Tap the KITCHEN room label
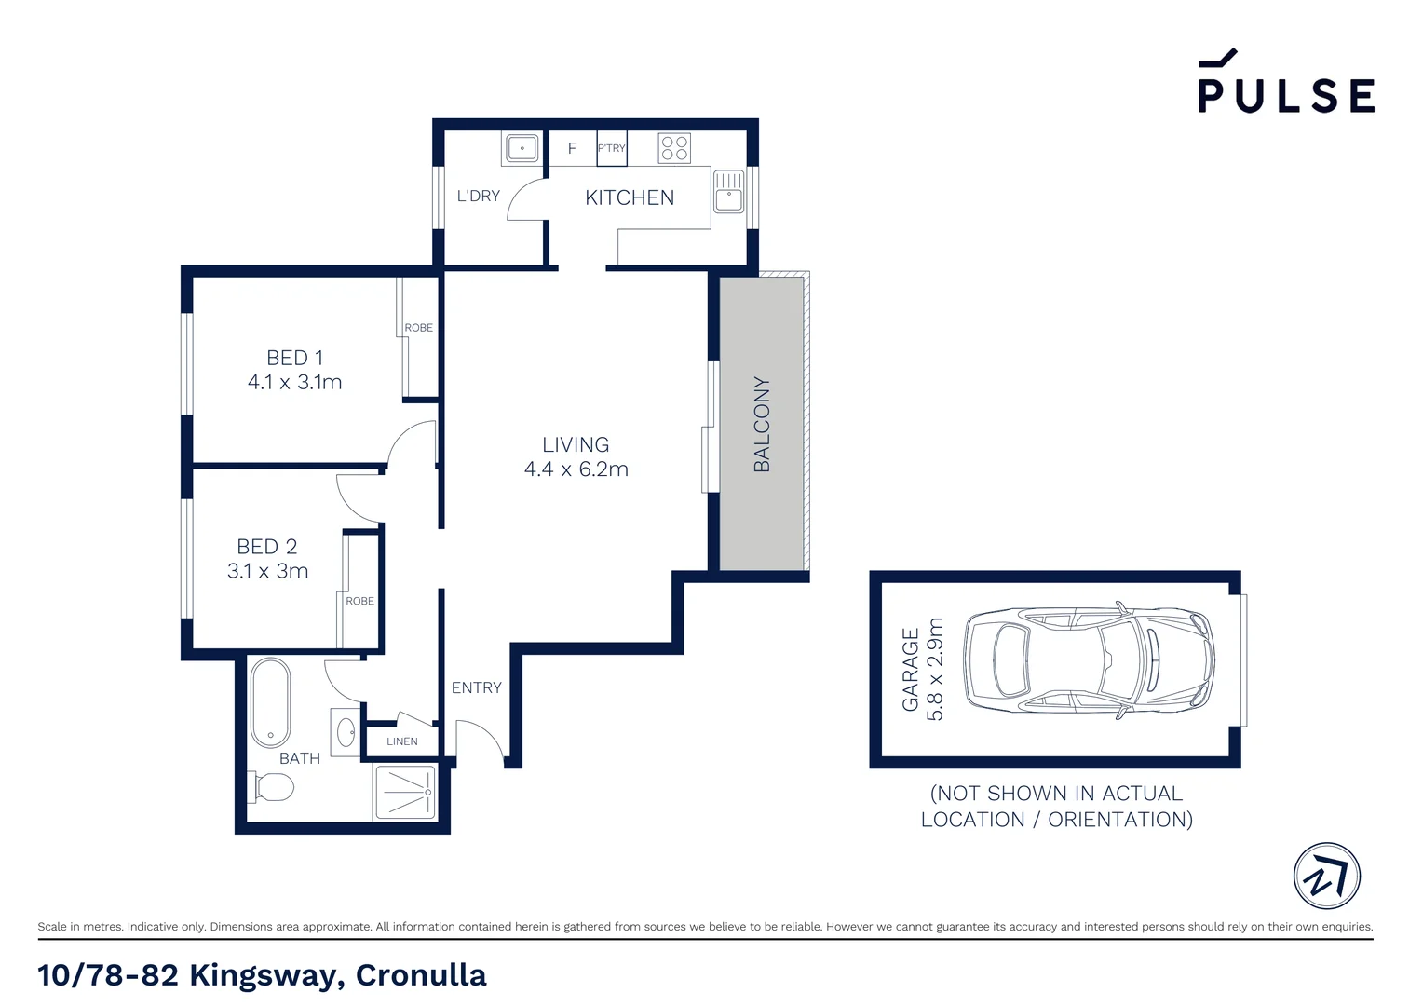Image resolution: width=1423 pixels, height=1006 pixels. (x=630, y=197)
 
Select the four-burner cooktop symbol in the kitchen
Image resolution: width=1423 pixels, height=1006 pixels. (x=674, y=148)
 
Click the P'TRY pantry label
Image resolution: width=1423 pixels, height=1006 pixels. (x=611, y=148)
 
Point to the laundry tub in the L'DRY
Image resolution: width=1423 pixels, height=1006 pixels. (x=522, y=148)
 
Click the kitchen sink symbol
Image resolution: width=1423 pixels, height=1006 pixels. (x=728, y=191)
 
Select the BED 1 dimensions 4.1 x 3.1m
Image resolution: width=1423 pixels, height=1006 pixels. (x=294, y=382)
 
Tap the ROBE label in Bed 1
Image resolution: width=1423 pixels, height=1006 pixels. (x=418, y=328)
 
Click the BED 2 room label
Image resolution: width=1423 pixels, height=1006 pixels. (x=267, y=547)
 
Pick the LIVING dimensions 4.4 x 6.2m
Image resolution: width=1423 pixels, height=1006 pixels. (x=576, y=469)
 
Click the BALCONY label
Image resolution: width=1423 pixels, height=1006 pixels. (x=762, y=424)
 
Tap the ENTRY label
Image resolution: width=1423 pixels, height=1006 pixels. (x=476, y=687)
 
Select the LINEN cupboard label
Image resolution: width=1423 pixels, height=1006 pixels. (x=402, y=741)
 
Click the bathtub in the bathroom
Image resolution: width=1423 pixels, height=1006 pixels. (x=270, y=703)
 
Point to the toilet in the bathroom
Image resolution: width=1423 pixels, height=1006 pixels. (x=272, y=787)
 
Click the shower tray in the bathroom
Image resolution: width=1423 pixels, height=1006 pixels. (x=405, y=792)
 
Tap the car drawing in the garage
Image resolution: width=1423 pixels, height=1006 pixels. (x=1090, y=660)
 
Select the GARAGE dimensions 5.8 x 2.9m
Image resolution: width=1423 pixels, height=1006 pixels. (x=935, y=669)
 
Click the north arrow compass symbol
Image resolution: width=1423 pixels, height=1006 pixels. (x=1326, y=876)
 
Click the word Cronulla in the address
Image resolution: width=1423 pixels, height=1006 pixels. (x=421, y=975)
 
